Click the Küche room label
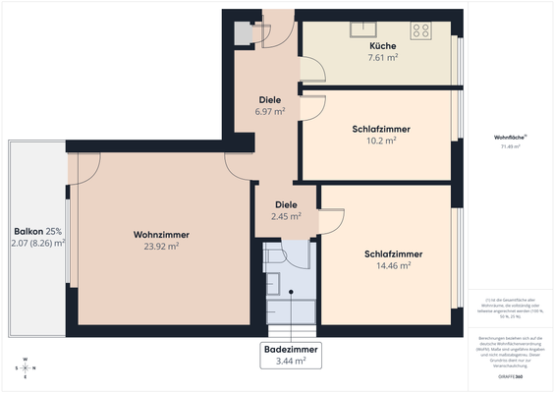point(383,46)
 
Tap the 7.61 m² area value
point(383,58)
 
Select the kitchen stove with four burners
point(422,29)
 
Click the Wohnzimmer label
point(161,235)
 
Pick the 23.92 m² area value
point(161,247)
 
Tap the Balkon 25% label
point(37,230)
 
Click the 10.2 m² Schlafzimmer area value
point(380,140)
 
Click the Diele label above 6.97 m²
point(270,100)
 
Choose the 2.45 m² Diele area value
point(285,216)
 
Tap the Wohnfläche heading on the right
point(509,138)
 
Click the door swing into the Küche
point(312,69)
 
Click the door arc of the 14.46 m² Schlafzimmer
point(331,218)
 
